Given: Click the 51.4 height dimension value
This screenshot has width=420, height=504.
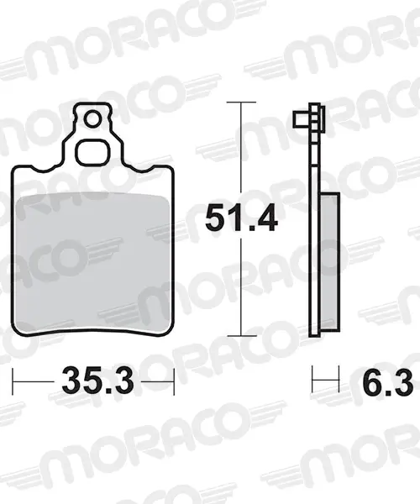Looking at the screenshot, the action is (241, 218).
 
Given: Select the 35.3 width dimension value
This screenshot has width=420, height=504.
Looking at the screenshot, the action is (97, 382).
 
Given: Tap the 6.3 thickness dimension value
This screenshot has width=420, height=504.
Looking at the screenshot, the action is (388, 382).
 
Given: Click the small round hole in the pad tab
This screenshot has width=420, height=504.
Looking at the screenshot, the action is (92, 119).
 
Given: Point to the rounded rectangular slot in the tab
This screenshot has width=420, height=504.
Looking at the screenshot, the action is (92, 152).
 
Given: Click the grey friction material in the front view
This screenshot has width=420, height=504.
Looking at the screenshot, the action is (92, 263).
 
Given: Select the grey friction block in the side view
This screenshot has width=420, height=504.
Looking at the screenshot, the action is (330, 262).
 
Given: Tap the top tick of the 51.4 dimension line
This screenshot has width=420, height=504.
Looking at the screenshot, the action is (241, 102).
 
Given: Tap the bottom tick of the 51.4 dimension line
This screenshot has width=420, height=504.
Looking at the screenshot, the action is (241, 336).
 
